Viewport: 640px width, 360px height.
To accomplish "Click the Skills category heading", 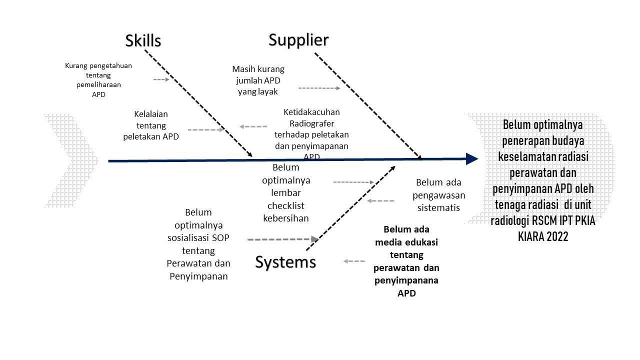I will pos(143,40).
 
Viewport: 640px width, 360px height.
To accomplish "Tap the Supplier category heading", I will pos(298,39).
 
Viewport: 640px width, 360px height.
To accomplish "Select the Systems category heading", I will pos(285,262).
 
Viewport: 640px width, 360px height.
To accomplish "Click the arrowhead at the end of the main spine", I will pos(471,159).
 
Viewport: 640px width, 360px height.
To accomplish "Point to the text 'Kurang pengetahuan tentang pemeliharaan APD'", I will pos(98,79).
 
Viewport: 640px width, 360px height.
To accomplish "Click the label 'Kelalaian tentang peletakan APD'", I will pos(151,125).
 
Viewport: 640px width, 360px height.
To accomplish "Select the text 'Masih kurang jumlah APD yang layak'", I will pos(258,80).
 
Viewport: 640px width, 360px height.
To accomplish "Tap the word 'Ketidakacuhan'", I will pos(311,112).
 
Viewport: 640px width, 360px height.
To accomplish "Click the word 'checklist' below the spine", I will pos(286,205).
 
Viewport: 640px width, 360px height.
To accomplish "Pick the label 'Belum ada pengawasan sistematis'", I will pos(438,195).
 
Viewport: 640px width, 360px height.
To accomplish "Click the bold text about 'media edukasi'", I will pos(406,261).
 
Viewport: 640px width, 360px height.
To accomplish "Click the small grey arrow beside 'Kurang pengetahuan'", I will pos(161,79).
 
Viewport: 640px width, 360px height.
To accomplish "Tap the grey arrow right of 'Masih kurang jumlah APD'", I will pos(319,88).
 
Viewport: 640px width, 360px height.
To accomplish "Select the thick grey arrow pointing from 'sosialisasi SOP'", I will pos(282,239).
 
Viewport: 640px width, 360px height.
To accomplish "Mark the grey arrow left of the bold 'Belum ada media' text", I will pos(354,261).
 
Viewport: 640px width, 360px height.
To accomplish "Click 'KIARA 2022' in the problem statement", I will pos(543,236).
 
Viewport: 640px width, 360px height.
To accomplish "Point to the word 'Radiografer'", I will pos(311,123).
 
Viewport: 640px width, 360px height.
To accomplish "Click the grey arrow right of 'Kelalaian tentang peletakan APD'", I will pos(206,129).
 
